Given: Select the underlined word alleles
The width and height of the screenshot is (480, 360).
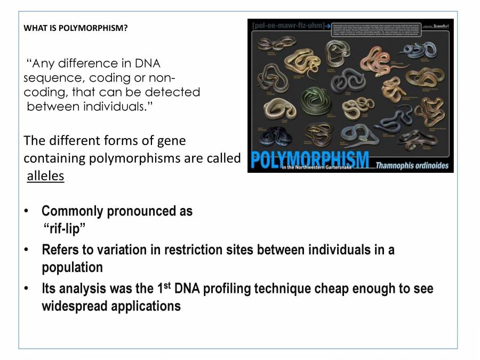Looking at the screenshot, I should (45, 176).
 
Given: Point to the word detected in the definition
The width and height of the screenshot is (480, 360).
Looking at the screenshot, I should (171, 92).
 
